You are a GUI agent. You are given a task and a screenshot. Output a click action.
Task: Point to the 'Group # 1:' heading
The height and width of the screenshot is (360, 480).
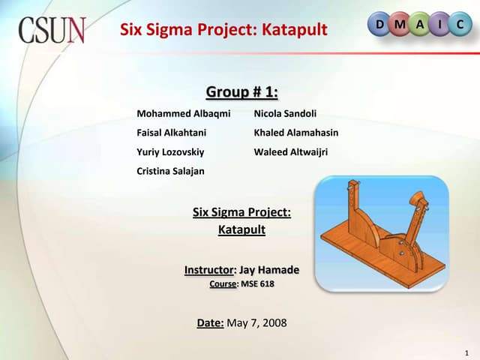241,92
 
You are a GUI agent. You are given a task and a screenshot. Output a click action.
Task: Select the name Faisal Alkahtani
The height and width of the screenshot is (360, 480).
171,133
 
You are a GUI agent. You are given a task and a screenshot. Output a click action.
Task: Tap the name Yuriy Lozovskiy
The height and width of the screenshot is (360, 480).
170,151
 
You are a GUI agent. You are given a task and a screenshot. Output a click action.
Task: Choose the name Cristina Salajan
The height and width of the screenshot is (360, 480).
170,171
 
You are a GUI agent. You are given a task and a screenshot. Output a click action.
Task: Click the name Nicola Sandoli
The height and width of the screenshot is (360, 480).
285,113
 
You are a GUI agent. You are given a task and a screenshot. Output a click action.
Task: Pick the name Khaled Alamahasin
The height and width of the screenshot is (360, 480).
296,133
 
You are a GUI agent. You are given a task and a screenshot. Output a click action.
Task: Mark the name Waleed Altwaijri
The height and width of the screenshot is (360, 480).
291,151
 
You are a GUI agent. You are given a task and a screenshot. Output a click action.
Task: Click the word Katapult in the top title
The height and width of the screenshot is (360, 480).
294,30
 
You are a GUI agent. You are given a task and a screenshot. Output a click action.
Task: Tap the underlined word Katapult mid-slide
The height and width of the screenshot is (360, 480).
241,230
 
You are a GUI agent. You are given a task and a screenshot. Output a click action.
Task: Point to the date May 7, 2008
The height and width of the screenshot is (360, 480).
256,323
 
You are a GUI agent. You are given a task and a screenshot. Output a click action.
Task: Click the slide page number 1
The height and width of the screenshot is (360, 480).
466,352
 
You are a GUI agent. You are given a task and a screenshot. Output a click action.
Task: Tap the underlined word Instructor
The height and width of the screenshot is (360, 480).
209,270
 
